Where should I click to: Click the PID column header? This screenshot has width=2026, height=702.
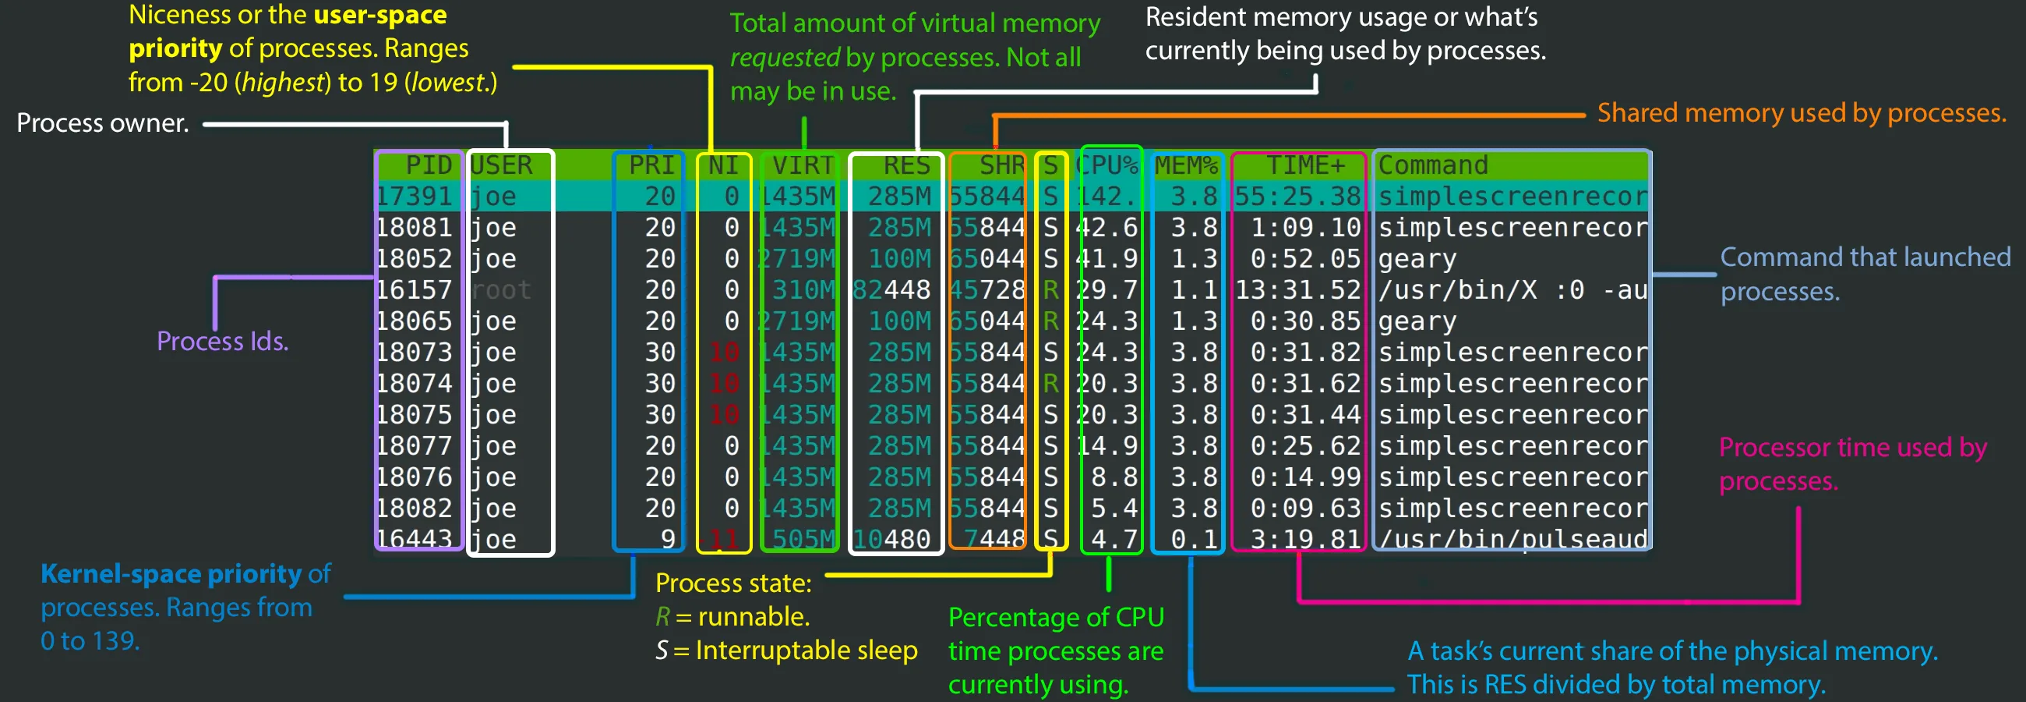(428, 165)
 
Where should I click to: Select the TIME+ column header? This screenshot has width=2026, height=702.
(1304, 165)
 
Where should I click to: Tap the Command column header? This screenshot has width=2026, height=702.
(1432, 165)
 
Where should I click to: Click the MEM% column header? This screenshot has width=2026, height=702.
(1185, 165)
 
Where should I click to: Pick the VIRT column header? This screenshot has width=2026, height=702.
(803, 165)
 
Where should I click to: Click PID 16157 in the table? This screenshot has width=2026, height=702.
(415, 289)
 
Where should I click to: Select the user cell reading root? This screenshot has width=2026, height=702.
(501, 289)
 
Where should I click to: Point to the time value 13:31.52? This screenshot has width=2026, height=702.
(1297, 289)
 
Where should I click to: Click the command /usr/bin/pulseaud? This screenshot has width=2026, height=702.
(1512, 539)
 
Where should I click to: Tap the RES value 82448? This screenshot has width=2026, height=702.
(892, 289)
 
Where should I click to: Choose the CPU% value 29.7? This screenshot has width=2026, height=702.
(1107, 289)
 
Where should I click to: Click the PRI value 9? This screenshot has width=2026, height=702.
(668, 539)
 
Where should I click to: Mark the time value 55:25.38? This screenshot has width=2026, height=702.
(1297, 196)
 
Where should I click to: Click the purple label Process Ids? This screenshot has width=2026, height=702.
(223, 341)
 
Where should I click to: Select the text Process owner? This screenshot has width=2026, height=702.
(103, 122)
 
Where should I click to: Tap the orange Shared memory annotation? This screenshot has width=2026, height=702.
(1801, 113)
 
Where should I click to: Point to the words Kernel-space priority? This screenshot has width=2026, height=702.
(171, 574)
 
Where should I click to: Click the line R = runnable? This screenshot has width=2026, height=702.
(732, 616)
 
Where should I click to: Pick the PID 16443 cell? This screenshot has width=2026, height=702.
(415, 539)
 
